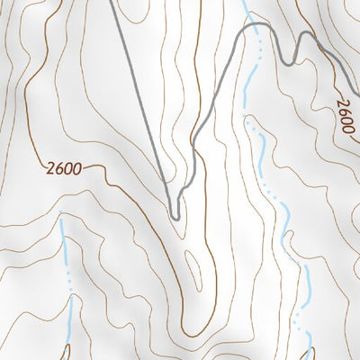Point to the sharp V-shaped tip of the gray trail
click(x=176, y=216)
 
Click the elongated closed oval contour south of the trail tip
click(x=192, y=262)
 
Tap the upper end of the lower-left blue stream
click(x=60, y=218)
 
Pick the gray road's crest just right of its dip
click(x=307, y=36)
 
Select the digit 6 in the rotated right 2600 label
click(x=342, y=111)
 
